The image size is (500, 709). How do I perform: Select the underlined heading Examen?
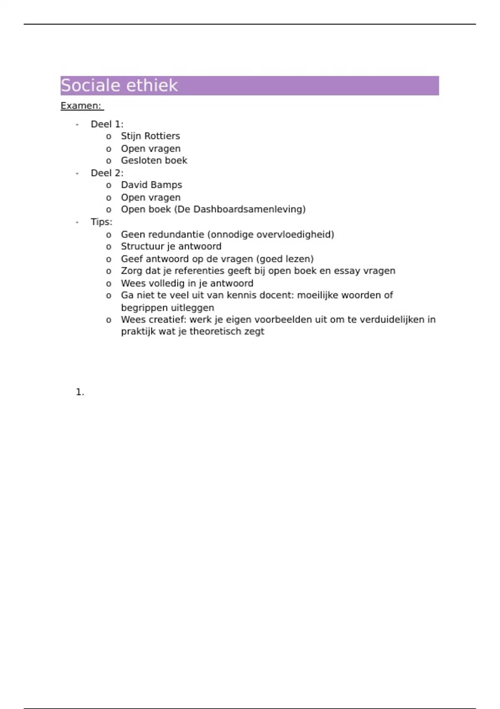click(x=81, y=106)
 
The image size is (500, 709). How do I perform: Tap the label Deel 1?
click(x=107, y=124)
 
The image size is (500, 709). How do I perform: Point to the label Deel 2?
click(x=107, y=173)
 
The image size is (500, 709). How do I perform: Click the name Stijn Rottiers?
click(x=150, y=136)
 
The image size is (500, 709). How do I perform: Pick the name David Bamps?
click(x=151, y=185)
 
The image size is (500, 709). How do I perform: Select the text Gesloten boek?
click(x=154, y=161)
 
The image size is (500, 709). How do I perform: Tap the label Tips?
click(x=101, y=222)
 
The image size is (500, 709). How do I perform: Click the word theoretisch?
click(x=215, y=332)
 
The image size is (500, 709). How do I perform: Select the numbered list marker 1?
click(x=80, y=392)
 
